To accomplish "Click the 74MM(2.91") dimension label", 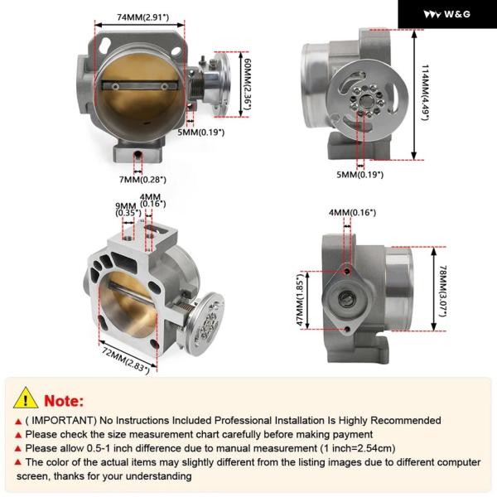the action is click(x=143, y=17).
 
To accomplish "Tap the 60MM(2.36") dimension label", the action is click(x=246, y=84).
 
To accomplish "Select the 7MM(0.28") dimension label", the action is click(x=142, y=180).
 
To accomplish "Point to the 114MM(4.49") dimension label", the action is click(x=425, y=93).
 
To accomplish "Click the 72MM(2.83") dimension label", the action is click(x=125, y=360).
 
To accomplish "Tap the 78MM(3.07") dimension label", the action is click(x=443, y=291).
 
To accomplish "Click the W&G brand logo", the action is click(x=447, y=14).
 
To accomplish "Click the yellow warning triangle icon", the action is click(x=26, y=398).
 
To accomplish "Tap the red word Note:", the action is click(x=64, y=401).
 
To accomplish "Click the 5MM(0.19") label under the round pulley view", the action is click(x=359, y=175).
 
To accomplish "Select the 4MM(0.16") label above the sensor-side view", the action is click(x=352, y=212).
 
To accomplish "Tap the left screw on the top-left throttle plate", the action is click(x=115, y=86).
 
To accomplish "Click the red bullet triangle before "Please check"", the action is click(x=18, y=435).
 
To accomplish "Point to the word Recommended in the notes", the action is click(x=406, y=421).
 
